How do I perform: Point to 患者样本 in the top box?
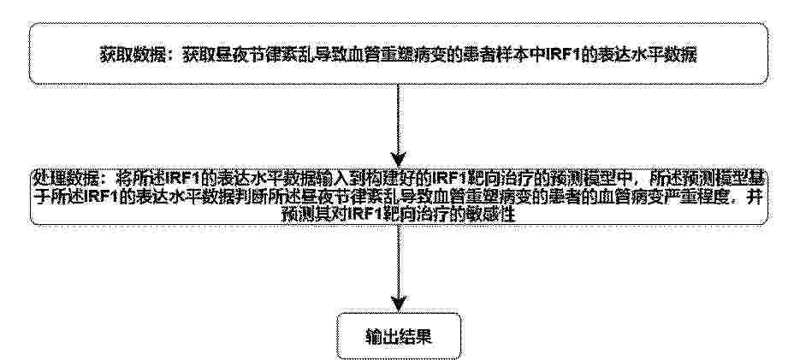pos(495,55)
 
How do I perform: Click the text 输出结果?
pos(398,336)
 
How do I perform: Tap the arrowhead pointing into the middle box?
pos(398,160)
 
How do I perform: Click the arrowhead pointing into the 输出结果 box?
pos(399,304)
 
